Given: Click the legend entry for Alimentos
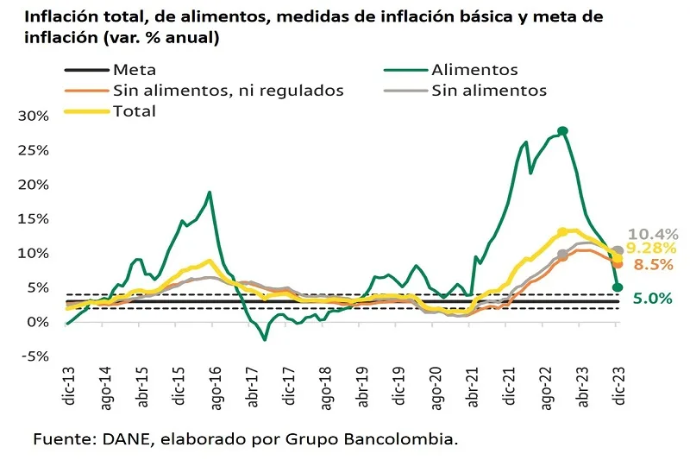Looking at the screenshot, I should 486,70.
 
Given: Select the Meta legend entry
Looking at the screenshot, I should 134,70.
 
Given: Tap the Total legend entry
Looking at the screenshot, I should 134,111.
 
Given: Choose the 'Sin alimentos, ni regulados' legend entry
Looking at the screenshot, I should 228,91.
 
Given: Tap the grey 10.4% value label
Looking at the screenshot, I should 653,234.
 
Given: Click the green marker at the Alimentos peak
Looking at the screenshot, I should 563,131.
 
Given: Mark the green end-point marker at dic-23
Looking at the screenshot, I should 618,287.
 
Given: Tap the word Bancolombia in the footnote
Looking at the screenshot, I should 401,440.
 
